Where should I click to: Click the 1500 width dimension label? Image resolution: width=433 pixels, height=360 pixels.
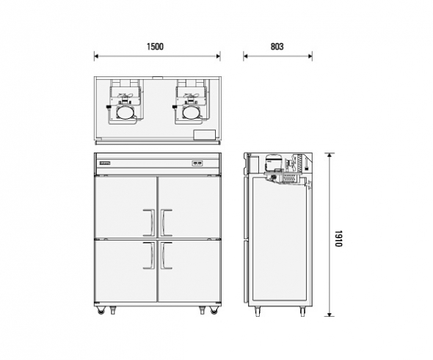(x=155, y=47)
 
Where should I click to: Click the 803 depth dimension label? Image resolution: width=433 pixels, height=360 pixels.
(x=277, y=47)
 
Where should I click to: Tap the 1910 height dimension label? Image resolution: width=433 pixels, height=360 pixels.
(x=339, y=238)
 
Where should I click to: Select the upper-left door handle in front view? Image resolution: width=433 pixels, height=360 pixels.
(x=149, y=223)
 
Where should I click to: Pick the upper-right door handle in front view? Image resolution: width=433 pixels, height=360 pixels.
(x=167, y=223)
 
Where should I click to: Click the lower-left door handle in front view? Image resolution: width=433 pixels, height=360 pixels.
(x=149, y=255)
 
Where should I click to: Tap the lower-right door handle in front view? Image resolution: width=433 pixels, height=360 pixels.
(x=167, y=255)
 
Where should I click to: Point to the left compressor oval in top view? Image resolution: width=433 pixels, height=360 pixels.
(x=125, y=113)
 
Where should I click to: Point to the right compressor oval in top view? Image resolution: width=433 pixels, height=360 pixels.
(x=192, y=113)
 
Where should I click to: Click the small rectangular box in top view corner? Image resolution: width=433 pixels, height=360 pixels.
(x=205, y=135)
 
